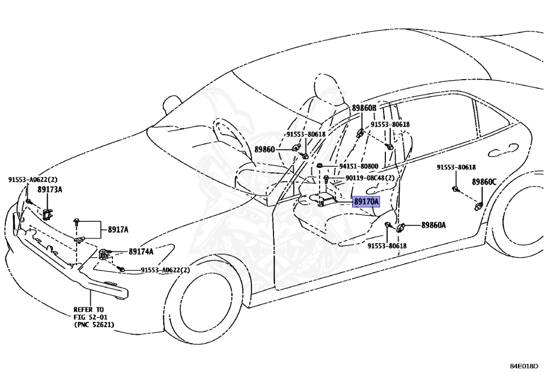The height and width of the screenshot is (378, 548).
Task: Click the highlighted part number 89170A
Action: click(x=366, y=202)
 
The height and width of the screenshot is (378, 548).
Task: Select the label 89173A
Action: click(x=50, y=189)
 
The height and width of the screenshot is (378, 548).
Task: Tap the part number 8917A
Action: click(x=118, y=229)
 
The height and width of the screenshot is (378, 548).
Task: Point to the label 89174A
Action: click(x=141, y=251)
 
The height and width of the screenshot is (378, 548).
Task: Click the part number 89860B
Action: click(x=364, y=108)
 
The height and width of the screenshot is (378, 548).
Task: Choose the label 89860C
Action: click(x=484, y=182)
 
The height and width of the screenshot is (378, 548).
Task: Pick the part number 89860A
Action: click(x=433, y=225)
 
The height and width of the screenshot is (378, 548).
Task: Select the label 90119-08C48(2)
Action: click(x=370, y=178)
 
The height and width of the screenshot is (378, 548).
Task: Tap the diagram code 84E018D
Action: click(x=524, y=367)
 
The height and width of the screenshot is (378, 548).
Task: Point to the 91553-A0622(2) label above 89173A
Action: click(x=33, y=180)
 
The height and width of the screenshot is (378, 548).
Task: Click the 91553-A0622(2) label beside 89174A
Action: click(x=165, y=270)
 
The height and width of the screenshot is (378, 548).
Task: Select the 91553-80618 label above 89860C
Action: click(x=456, y=167)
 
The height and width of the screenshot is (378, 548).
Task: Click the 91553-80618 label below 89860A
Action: click(x=387, y=245)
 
